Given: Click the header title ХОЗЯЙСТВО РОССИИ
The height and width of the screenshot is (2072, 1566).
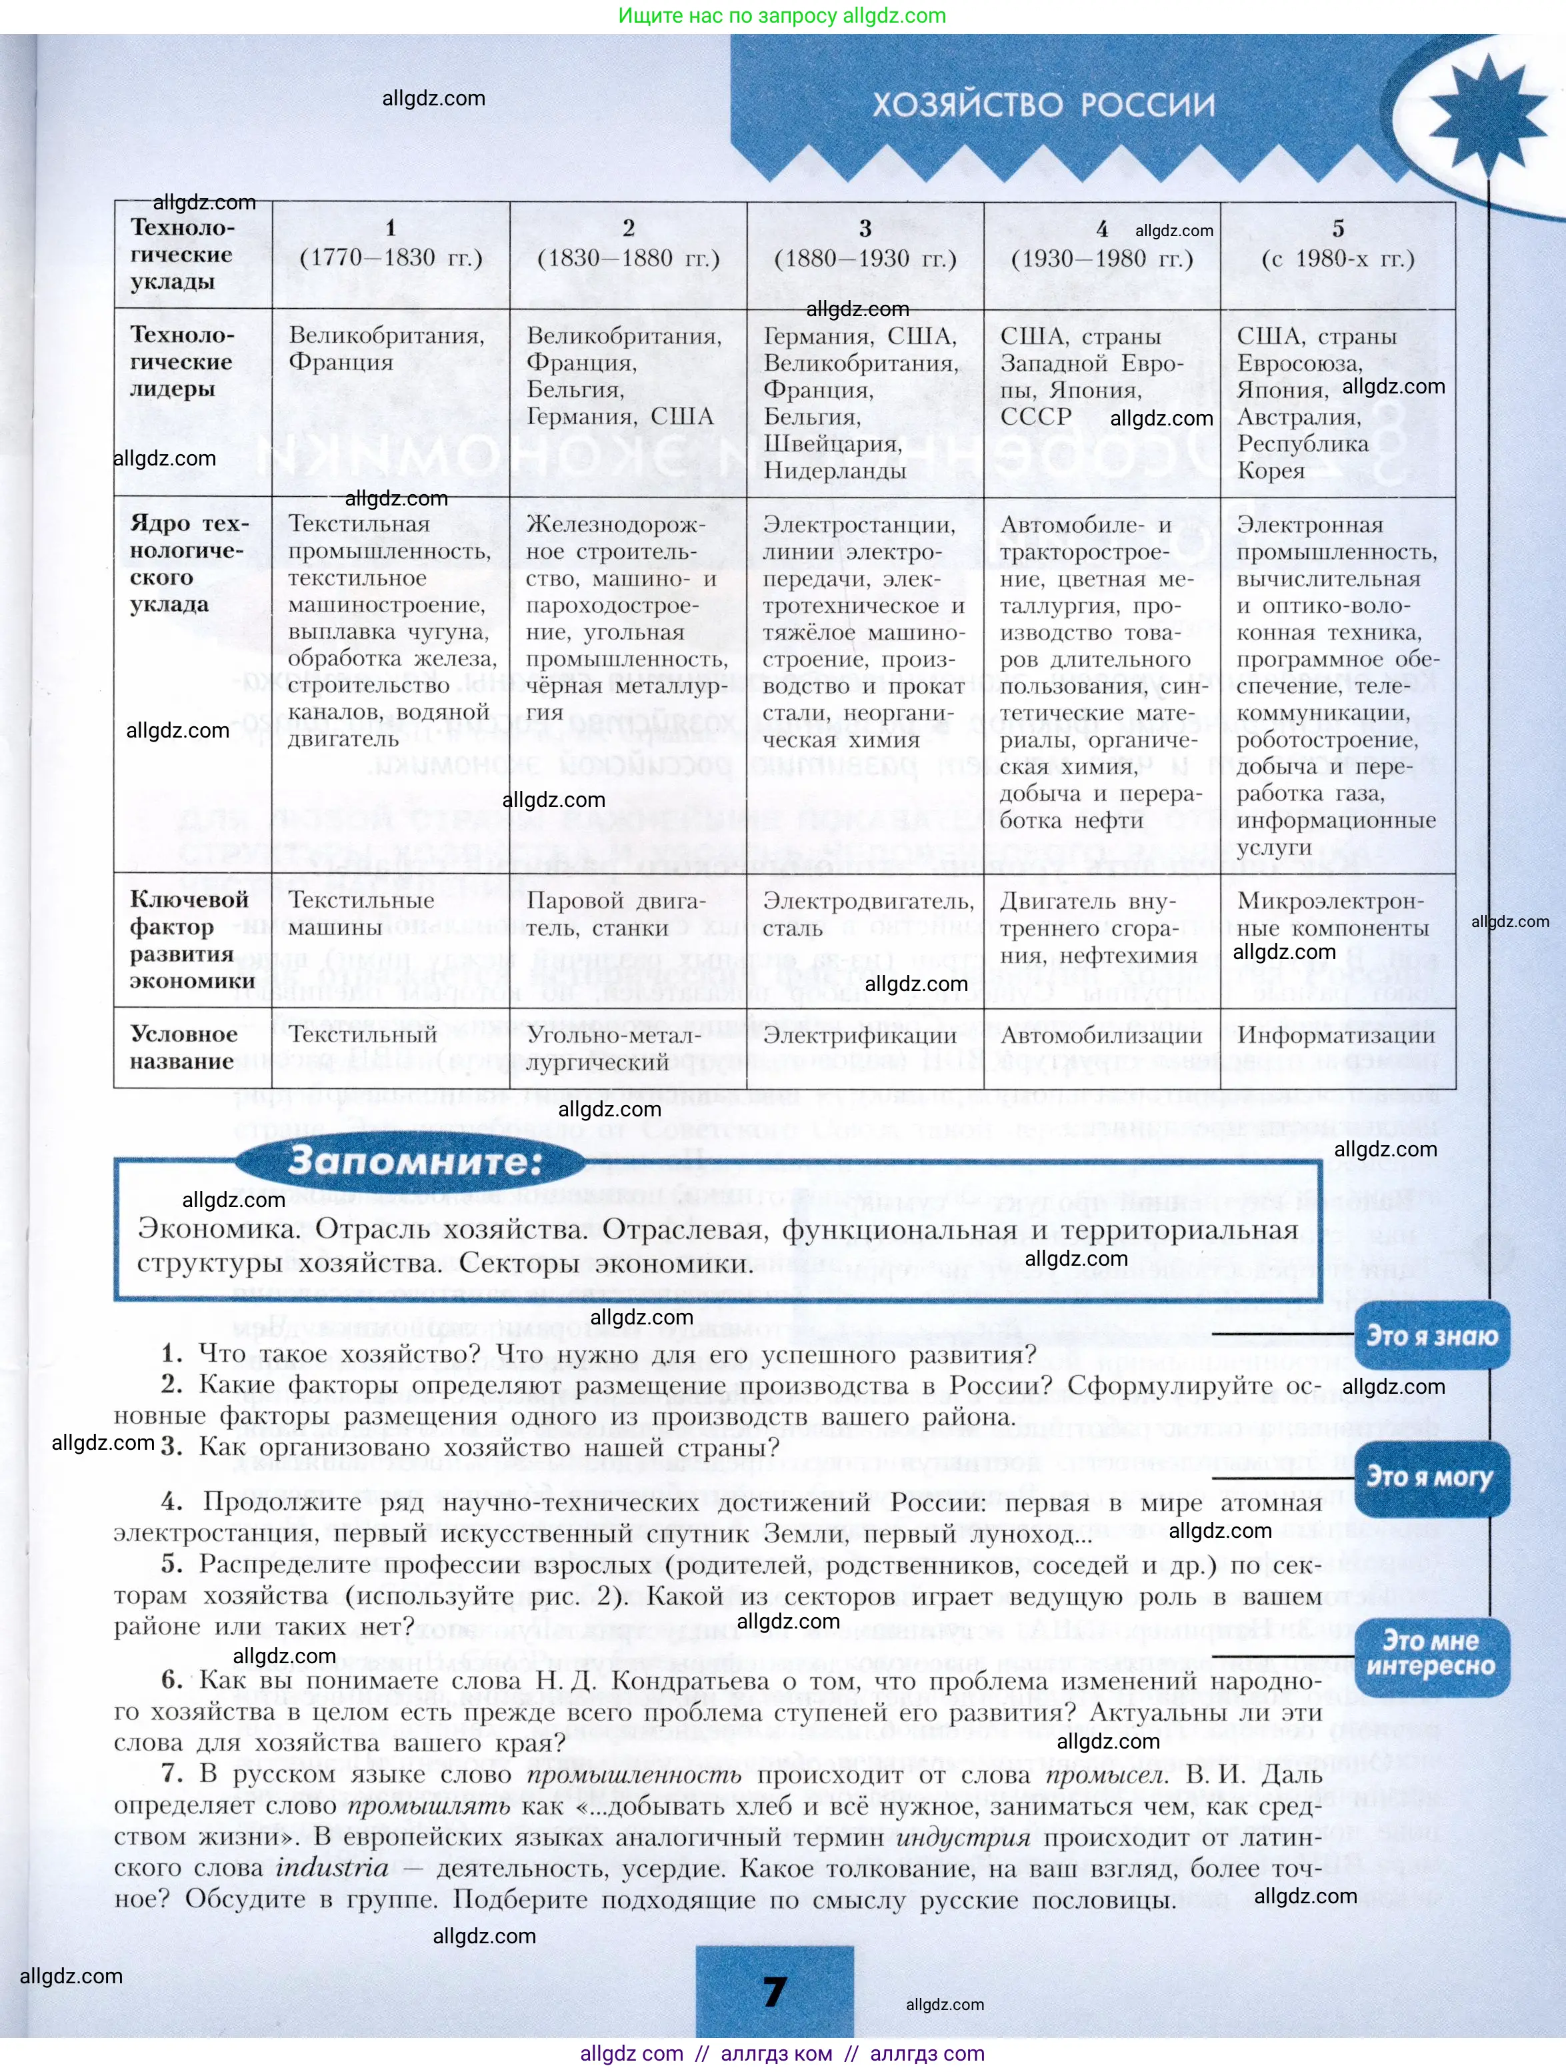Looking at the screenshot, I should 1043,105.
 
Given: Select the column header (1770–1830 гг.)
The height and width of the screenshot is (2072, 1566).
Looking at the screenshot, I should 391,259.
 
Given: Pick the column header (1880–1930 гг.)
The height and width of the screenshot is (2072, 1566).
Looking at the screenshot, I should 865,259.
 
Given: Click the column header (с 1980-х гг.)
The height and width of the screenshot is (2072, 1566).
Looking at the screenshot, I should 1337,259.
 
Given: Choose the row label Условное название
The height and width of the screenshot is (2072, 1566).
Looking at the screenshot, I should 183,1047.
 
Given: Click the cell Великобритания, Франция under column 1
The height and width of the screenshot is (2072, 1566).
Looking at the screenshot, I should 386,349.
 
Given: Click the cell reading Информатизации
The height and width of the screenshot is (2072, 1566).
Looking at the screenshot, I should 1335,1035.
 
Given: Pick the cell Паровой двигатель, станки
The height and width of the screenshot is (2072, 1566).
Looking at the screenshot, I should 615,914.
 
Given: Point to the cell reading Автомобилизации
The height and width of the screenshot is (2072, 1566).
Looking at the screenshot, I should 1101,1035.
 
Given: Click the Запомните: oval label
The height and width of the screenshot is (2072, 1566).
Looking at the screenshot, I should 414,1162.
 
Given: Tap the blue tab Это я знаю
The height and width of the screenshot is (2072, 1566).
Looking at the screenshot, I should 1431,1336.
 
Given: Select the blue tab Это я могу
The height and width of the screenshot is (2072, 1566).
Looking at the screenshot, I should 1429,1477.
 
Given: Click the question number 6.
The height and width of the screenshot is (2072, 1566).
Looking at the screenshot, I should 171,1679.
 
